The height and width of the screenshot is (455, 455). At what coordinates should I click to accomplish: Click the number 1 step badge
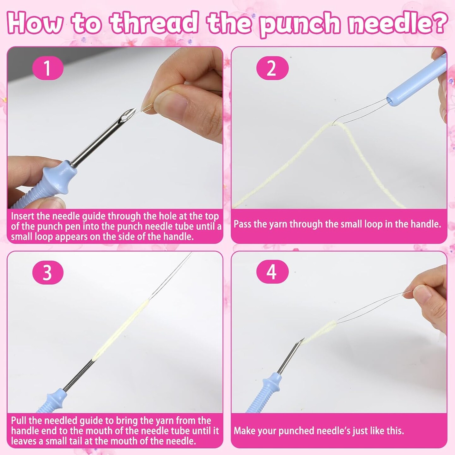(x=48, y=68)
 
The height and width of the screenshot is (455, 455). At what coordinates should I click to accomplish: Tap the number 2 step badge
(x=272, y=68)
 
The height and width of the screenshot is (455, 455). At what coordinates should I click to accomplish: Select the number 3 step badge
(x=48, y=272)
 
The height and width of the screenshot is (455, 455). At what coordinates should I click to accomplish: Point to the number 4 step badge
(x=272, y=272)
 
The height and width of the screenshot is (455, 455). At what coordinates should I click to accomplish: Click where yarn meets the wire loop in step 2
(x=333, y=124)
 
